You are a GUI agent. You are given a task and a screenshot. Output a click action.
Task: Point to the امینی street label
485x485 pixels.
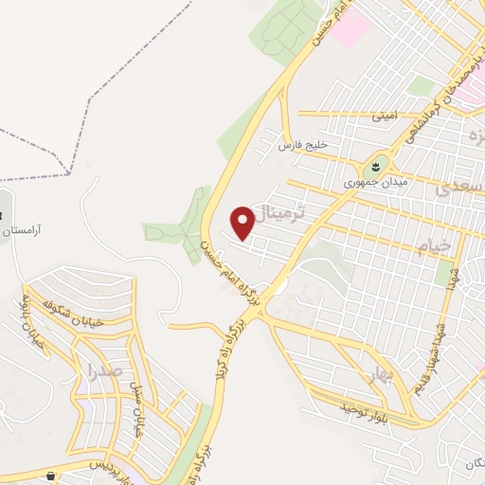[x=386, y=117]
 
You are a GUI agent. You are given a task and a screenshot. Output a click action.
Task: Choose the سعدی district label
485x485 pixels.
[x=458, y=188]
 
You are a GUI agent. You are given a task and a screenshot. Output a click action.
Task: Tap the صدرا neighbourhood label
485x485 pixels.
[x=105, y=369]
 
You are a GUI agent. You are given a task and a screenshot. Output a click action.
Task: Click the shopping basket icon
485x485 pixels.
[x=49, y=476]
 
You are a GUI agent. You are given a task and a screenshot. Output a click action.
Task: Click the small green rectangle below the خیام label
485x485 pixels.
[x=445, y=275]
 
